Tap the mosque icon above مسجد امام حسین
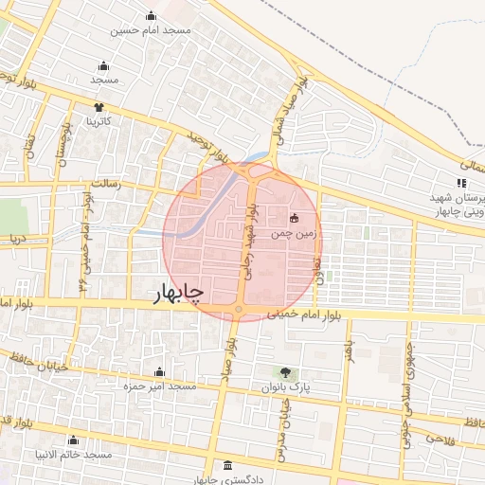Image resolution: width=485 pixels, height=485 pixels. (x=152, y=16)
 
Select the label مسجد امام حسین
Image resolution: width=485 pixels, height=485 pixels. (x=152, y=30)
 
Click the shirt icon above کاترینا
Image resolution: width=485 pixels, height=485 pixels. (x=99, y=107)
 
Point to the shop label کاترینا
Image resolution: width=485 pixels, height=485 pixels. (x=99, y=121)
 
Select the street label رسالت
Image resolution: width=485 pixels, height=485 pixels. (x=102, y=184)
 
